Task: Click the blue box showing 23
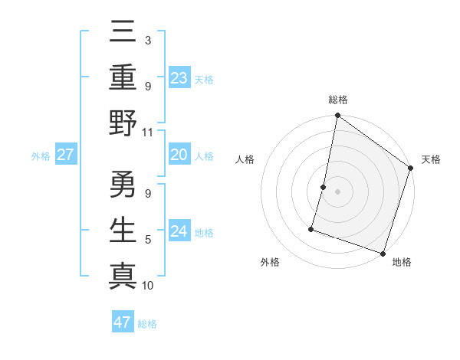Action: pos(179,77)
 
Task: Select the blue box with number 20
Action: pos(179,155)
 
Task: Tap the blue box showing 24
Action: pos(179,231)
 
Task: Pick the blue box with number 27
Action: pos(66,155)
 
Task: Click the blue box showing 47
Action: pos(122,322)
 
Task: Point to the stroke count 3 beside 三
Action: pos(147,40)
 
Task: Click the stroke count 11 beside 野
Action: pos(148,132)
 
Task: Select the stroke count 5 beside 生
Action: pos(147,241)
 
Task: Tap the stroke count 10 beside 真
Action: pos(148,286)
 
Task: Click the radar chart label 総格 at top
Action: pos(338,100)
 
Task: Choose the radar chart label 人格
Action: pos(245,160)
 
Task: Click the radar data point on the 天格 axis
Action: pos(410,169)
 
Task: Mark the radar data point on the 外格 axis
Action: pos(312,228)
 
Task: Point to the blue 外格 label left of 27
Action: pos(41,155)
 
